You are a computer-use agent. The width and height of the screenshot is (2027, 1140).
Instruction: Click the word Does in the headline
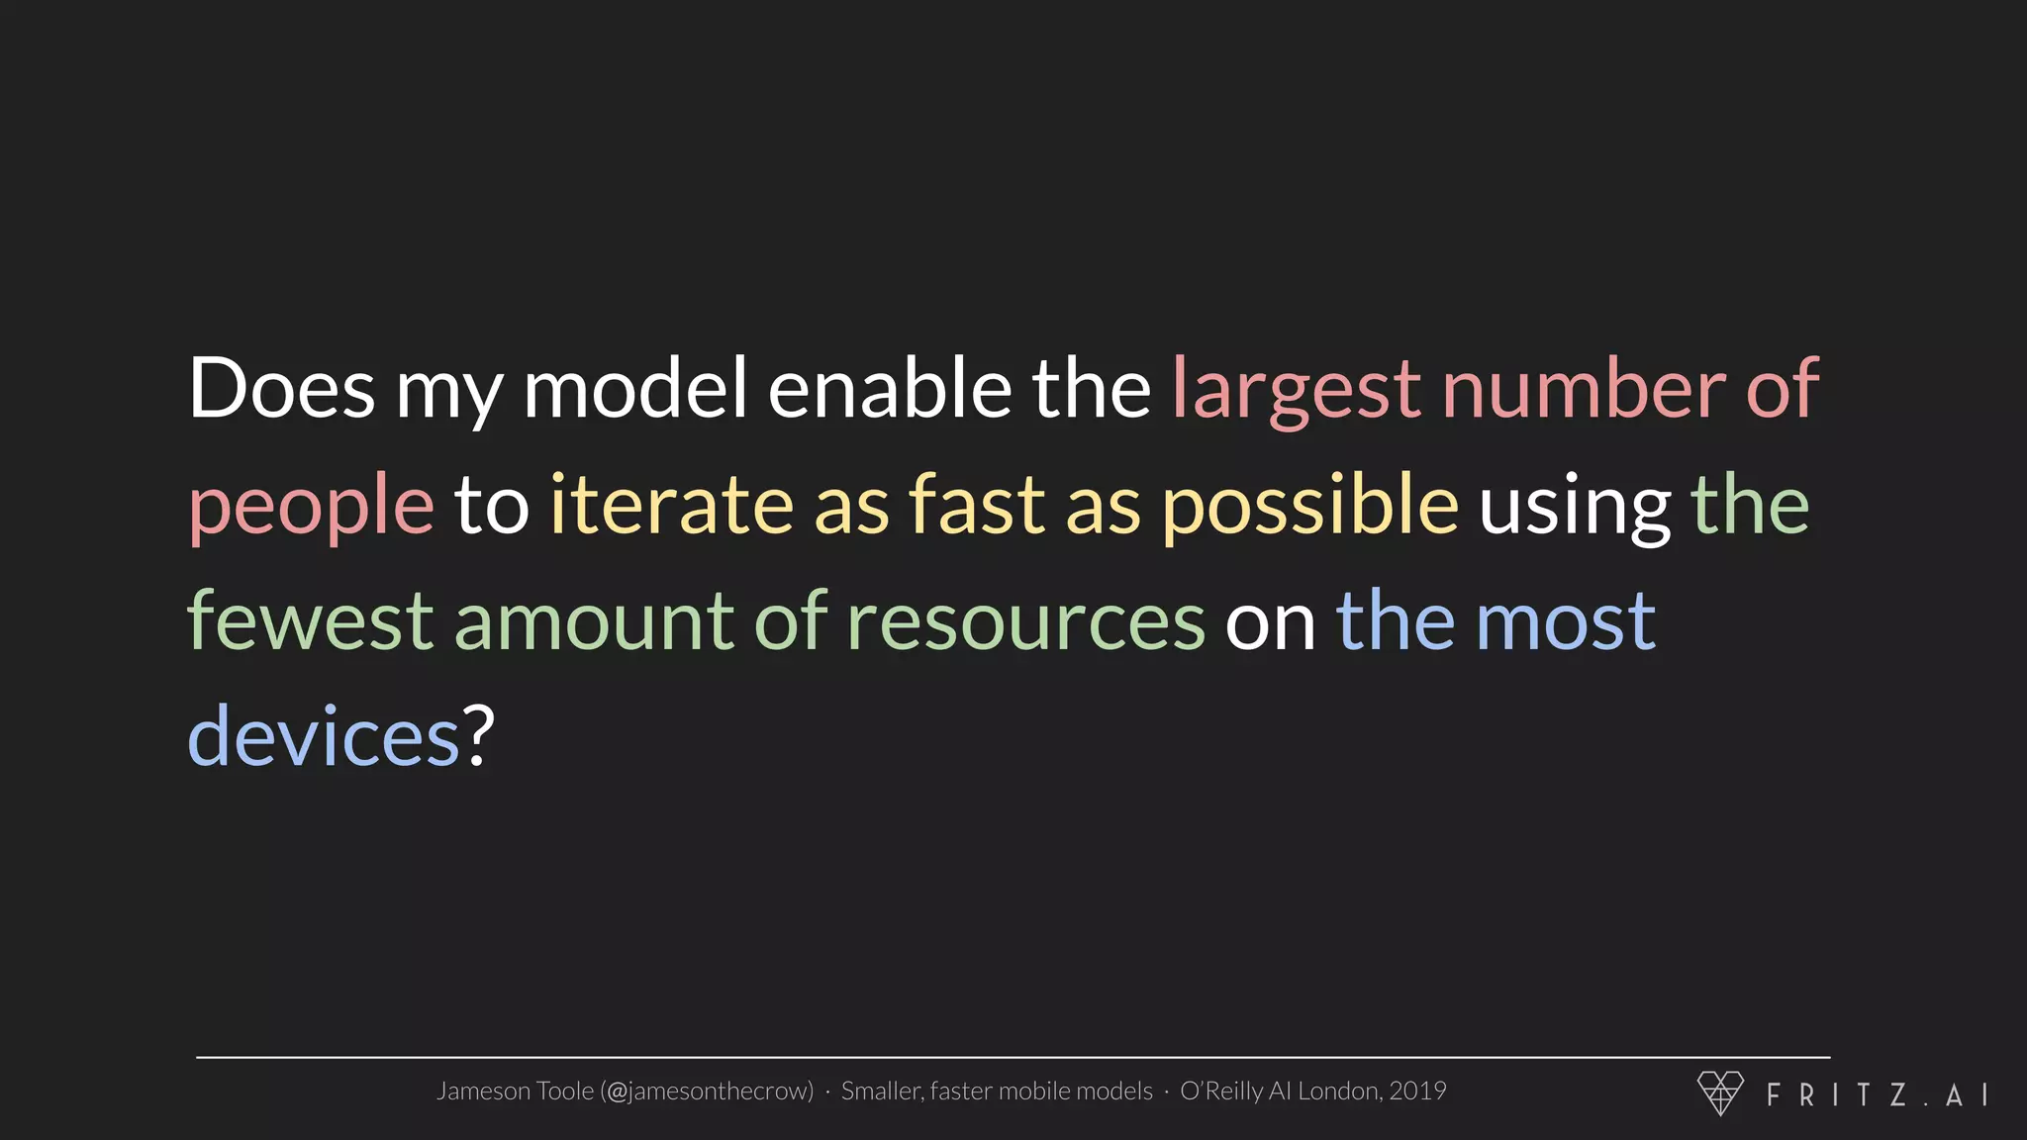tap(281, 388)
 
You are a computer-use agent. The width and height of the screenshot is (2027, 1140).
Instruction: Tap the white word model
tap(634, 388)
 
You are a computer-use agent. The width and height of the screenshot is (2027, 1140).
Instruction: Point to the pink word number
tap(1584, 388)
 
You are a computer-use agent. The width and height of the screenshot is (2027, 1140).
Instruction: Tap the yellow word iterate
tap(672, 505)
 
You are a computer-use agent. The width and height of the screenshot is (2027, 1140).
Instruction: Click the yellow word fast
tap(977, 505)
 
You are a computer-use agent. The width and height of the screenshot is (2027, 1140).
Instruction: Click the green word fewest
tap(310, 621)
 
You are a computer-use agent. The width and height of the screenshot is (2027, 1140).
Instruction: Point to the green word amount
tap(593, 621)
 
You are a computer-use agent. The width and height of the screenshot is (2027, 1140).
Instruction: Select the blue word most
tap(1566, 621)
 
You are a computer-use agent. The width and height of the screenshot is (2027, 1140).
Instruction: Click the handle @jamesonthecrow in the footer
tap(708, 1092)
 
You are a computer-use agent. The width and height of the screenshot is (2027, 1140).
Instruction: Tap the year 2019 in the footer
tap(1417, 1091)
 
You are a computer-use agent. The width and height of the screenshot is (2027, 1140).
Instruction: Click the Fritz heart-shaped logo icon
tap(1720, 1092)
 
